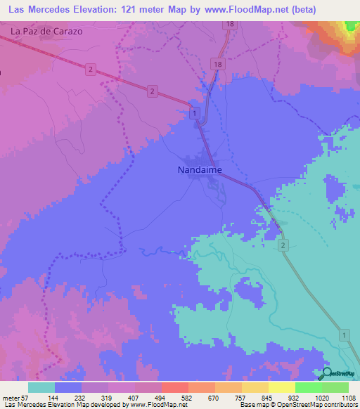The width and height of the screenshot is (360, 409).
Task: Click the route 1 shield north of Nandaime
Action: [x=194, y=112]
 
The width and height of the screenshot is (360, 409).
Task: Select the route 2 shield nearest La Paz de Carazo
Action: [x=91, y=68]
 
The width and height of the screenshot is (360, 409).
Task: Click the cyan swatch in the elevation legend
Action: [x=41, y=387]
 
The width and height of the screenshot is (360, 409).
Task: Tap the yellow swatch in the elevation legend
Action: [x=281, y=387]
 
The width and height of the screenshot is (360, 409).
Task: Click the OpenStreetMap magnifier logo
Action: [x=326, y=375]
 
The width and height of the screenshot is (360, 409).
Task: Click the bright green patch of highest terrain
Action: [x=350, y=27]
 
